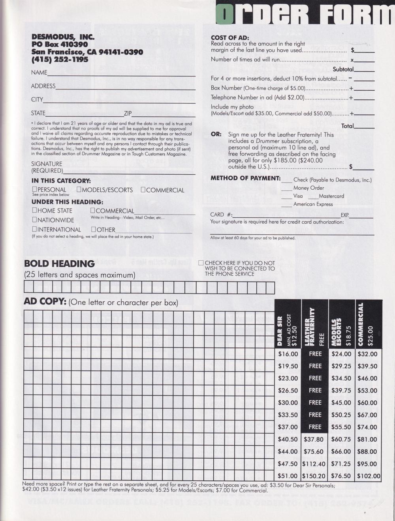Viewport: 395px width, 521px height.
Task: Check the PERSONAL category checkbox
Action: pyautogui.click(x=35, y=190)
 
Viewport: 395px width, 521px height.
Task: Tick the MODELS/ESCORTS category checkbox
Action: pyautogui.click(x=79, y=190)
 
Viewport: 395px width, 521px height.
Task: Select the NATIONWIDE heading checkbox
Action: pyautogui.click(x=34, y=220)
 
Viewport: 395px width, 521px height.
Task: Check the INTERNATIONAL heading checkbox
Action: pyautogui.click(x=34, y=229)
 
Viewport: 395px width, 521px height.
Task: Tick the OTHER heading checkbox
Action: pyautogui.click(x=94, y=229)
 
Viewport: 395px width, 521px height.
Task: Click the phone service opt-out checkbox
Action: pyautogui.click(x=201, y=263)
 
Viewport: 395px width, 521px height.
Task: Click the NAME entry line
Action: pyautogui.click(x=121, y=75)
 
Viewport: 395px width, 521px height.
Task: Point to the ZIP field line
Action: pyautogui.click(x=163, y=116)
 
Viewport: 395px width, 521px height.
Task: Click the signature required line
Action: pyautogui.click(x=129, y=173)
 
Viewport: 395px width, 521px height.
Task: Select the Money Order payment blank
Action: pyautogui.click(x=286, y=190)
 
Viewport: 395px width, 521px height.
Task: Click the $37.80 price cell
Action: pyautogui.click(x=314, y=439)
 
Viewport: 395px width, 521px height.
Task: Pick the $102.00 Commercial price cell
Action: pyautogui.click(x=369, y=476)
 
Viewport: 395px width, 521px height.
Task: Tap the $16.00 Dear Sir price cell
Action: pyautogui.click(x=288, y=354)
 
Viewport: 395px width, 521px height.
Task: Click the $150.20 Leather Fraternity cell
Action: pyautogui.click(x=314, y=476)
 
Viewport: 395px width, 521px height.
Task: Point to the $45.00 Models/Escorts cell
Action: pyautogui.click(x=341, y=402)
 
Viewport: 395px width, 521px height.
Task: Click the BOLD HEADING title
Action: pyautogui.click(x=59, y=263)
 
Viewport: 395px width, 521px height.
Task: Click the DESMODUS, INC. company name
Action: pyautogui.click(x=63, y=37)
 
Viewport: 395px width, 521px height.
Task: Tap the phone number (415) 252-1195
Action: pyautogui.click(x=60, y=60)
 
